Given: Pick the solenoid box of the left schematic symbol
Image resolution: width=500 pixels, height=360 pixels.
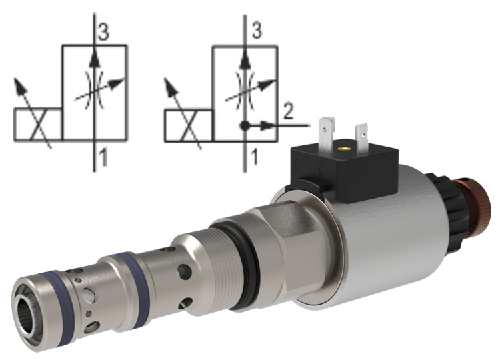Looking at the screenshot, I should click(x=38, y=125).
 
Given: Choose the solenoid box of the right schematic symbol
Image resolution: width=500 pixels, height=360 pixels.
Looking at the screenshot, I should click(x=188, y=125).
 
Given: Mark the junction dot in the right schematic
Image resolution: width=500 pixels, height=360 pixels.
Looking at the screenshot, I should click(x=245, y=125).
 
